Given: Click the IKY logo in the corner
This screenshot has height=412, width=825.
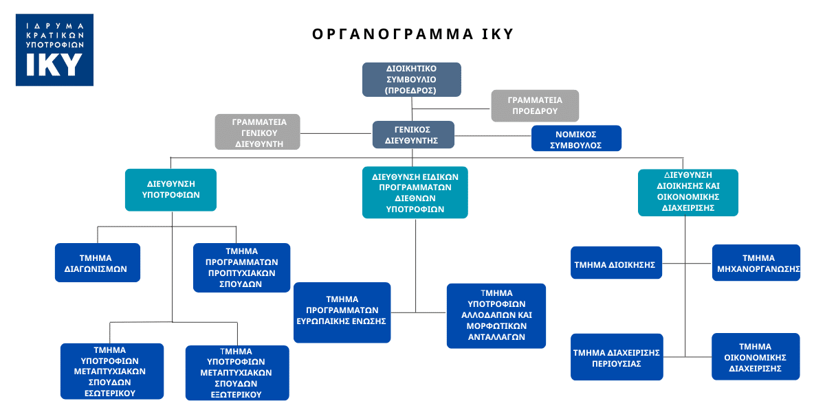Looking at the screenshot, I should (54, 49).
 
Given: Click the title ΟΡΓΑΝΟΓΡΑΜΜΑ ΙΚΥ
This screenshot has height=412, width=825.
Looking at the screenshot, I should (412, 34).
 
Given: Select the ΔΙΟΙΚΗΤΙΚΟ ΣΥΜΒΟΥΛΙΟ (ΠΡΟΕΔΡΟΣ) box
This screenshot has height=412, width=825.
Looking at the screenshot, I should (412, 80).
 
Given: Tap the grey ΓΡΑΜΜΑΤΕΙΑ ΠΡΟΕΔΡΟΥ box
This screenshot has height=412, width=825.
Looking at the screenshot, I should (535, 106).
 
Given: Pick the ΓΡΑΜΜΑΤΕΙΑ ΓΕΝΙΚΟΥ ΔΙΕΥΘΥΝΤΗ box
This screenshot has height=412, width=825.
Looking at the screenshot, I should (258, 132).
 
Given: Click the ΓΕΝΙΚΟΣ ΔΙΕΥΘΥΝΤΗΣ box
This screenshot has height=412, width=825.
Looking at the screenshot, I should (413, 135).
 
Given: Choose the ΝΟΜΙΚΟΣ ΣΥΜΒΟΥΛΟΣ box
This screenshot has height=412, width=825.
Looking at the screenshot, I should (576, 138).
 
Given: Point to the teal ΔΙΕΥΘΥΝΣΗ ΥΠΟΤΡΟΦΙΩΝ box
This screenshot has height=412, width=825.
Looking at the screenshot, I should (170, 190).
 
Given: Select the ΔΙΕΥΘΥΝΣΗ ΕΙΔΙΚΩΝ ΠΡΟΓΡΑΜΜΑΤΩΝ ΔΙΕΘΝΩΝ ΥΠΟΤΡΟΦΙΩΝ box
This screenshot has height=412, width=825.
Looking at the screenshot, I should (415, 192).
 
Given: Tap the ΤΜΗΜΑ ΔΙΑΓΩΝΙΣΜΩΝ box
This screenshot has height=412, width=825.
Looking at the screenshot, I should (98, 262).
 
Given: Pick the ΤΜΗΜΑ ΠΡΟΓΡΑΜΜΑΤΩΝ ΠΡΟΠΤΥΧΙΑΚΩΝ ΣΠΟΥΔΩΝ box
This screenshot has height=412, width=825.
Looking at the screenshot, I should (241, 267).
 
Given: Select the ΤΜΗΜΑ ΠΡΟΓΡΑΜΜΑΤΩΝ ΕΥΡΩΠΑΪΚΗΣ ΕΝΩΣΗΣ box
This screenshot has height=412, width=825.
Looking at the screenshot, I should (342, 312).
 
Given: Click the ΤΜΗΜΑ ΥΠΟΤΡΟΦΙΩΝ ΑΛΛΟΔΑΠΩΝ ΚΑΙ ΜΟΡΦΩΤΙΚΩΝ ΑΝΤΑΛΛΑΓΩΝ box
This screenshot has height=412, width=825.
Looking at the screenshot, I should (496, 315).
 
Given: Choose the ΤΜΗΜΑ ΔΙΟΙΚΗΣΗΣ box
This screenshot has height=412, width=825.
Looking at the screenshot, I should (616, 263).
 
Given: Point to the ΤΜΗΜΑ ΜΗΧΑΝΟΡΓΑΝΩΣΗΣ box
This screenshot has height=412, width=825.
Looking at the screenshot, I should (756, 263).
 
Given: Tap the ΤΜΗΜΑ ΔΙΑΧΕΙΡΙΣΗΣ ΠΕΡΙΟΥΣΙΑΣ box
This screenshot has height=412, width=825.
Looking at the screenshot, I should (617, 357).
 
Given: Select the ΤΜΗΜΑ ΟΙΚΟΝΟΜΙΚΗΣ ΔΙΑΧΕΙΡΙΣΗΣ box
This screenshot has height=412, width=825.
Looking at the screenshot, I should (756, 356).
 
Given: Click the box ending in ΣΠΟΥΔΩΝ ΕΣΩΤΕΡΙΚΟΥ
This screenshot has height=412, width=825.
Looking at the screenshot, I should (112, 371).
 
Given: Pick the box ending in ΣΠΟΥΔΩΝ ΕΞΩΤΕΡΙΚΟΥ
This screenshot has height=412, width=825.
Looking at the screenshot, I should (237, 373).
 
